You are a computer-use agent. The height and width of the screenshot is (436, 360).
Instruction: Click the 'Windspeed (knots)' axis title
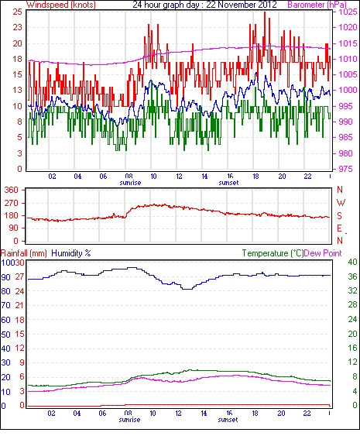(61, 5)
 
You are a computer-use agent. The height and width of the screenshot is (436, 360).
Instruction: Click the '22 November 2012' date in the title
(242, 5)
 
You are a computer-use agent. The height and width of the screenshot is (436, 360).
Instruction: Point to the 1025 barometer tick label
(348, 12)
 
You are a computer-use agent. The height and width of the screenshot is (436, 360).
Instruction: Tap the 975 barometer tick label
(346, 169)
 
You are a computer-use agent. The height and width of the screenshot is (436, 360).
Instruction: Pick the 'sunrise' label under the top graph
(130, 183)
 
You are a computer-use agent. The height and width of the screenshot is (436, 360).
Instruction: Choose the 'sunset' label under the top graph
(229, 183)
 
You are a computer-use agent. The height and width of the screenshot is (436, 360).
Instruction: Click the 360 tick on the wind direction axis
(12, 190)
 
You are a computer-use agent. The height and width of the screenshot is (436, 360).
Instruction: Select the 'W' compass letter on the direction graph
(341, 203)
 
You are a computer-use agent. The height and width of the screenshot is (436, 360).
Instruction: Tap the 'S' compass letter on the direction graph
(339, 216)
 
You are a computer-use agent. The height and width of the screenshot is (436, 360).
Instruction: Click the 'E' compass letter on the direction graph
(339, 228)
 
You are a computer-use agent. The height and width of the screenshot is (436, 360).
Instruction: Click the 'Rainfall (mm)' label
(24, 253)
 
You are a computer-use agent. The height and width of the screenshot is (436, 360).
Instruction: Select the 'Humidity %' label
(71, 253)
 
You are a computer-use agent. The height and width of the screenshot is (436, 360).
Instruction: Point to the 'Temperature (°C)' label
(273, 253)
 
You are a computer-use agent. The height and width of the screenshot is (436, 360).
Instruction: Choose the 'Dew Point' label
(323, 253)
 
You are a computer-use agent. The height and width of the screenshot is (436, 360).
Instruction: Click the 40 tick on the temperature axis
(352, 262)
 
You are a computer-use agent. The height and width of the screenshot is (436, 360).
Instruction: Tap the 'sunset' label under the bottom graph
(228, 420)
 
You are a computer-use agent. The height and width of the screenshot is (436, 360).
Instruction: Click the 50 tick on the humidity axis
(6, 334)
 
